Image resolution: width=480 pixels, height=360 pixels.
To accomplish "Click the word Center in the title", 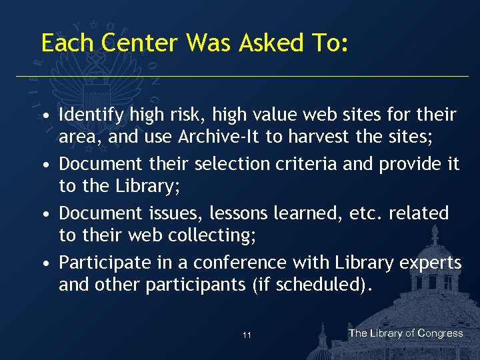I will [x=140, y=43].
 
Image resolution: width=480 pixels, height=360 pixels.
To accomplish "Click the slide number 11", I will [x=247, y=335].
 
